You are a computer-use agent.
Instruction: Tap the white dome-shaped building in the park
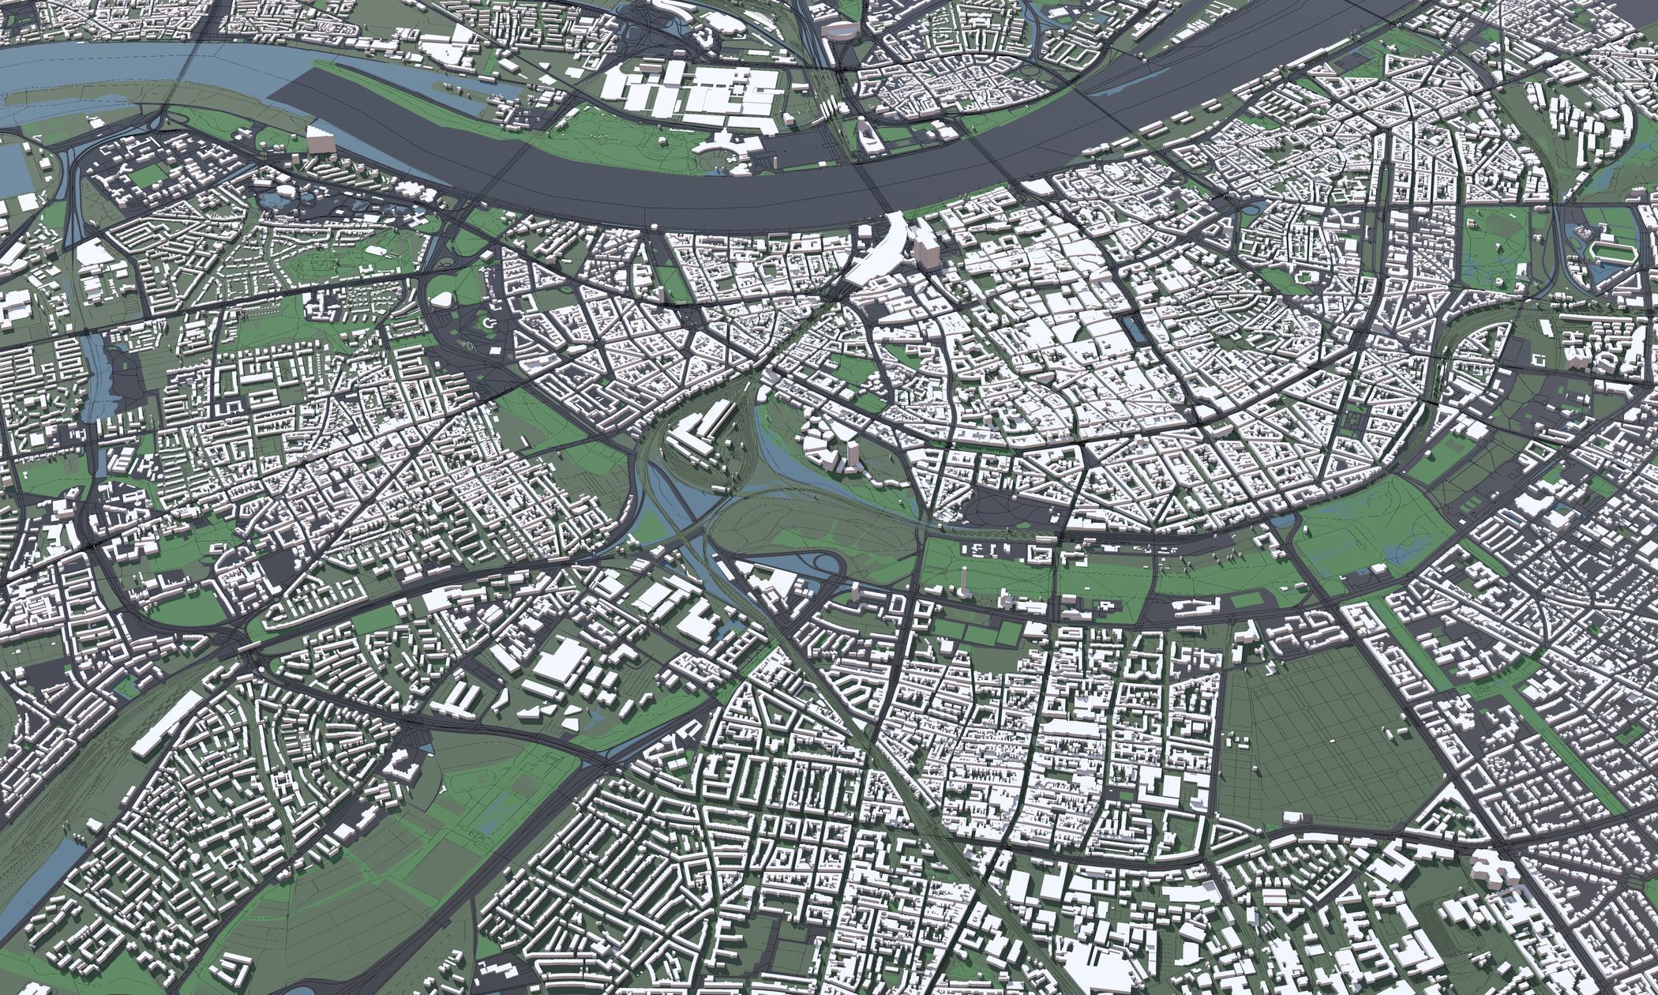tap(443, 298)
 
